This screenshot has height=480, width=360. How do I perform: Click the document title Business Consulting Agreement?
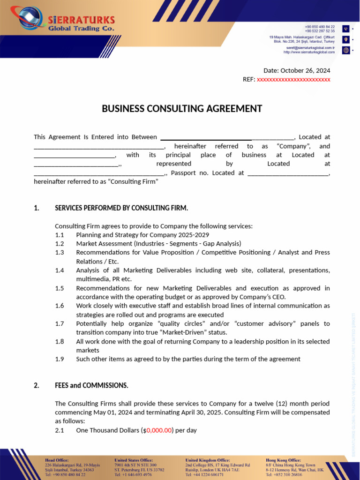coord(182,109)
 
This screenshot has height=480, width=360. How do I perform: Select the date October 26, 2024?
coord(305,70)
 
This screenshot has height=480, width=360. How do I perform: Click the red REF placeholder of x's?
coord(293,80)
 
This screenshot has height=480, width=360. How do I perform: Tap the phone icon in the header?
coord(346,29)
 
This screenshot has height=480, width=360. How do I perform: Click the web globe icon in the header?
coord(346,50)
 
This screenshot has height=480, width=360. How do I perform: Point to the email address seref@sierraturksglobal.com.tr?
coord(310,48)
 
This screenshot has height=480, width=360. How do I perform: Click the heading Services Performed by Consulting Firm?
coord(121,208)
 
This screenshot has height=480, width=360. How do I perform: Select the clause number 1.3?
coord(59,253)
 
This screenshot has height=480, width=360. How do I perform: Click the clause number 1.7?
coord(59,324)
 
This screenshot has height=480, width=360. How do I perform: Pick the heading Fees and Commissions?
coord(91,386)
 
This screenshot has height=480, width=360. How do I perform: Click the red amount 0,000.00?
coord(159,430)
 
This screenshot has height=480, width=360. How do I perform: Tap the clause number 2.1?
coord(59,430)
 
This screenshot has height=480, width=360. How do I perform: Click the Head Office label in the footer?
coord(57,460)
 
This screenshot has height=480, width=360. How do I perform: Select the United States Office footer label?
coord(133,460)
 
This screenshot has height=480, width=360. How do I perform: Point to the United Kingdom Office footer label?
coord(207,460)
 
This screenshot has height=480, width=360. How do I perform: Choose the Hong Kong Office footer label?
coord(283,460)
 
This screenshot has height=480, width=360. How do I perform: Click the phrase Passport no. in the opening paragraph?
coord(190,173)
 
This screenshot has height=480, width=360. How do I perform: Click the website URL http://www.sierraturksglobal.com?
coord(309,52)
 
